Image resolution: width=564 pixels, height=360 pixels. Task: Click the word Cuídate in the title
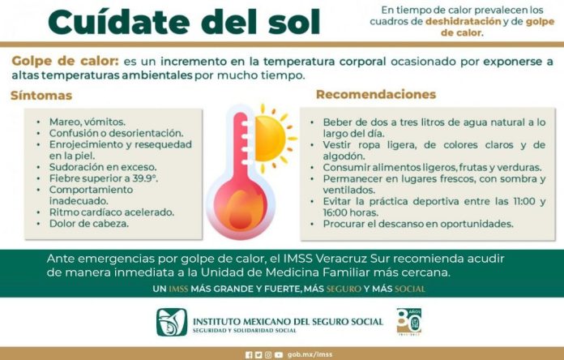click(119, 22)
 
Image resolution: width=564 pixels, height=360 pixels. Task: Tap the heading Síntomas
click(41, 96)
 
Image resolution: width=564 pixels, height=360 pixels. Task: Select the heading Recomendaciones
click(376, 94)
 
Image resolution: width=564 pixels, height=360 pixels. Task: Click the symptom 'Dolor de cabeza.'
click(89, 224)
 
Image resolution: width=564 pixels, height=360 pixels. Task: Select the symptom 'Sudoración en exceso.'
click(103, 167)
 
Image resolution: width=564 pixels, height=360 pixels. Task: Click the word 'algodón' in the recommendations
click(344, 156)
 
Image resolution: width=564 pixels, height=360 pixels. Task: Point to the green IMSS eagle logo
click(172, 322)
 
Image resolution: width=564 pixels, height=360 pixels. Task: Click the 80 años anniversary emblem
click(409, 321)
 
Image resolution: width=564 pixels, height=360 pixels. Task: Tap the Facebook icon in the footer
click(249, 355)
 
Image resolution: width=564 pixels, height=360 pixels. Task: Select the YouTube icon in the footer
click(279, 355)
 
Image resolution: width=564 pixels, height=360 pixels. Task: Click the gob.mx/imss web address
click(310, 354)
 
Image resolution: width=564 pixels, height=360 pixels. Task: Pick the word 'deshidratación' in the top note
click(464, 22)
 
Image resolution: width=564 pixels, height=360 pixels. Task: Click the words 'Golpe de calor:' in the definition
click(65, 61)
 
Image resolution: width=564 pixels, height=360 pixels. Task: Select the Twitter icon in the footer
click(258, 355)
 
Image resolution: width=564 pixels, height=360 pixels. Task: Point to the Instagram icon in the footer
click(268, 355)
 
